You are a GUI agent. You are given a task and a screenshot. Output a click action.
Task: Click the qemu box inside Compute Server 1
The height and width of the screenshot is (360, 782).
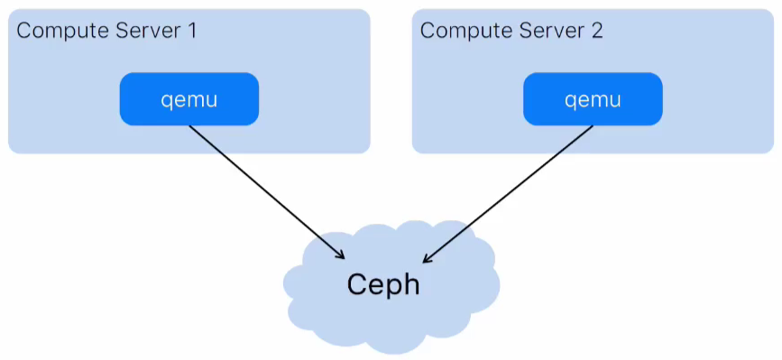189,99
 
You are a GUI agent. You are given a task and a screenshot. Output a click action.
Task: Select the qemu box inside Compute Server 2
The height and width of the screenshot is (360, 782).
593,99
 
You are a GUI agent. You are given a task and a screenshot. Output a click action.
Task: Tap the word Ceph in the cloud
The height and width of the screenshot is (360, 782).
384,284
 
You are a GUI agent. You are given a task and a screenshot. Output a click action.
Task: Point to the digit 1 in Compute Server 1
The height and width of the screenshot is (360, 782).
191,31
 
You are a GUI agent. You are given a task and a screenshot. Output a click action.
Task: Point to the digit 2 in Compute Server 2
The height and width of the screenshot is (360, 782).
596,31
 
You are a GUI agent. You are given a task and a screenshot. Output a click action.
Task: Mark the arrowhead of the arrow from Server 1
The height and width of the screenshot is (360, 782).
342,256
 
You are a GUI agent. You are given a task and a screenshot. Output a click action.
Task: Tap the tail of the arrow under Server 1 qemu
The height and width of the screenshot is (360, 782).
190,127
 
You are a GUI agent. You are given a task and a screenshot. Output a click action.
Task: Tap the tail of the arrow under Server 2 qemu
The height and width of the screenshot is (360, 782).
592,127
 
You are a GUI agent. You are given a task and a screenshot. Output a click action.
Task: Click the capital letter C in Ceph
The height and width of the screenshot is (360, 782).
358,284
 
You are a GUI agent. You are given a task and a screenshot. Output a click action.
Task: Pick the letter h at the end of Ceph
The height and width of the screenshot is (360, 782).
411,284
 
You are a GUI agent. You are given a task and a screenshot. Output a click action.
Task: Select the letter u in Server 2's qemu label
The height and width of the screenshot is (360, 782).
614,99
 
